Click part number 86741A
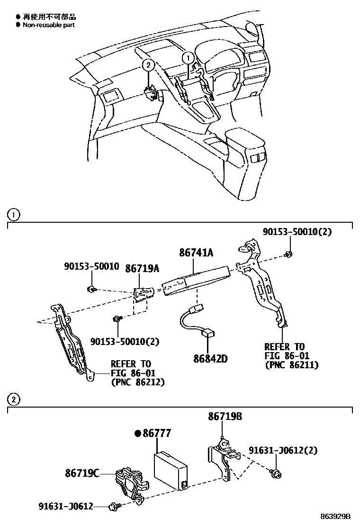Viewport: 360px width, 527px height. coord(196,254)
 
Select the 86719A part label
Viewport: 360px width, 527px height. coord(142,268)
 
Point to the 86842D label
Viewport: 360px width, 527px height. coord(210,358)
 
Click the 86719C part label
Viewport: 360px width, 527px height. coord(82,472)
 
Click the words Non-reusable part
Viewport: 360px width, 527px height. coord(48,25)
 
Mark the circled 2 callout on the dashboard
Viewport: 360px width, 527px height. coord(148,65)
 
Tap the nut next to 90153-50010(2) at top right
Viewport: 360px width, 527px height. coord(288,255)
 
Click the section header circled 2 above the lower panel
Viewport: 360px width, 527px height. coord(14,400)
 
